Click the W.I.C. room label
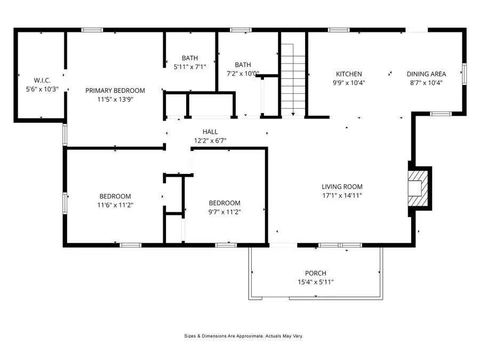(x=42, y=81)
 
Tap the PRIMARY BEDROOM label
(x=115, y=91)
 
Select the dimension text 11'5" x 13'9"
(x=115, y=99)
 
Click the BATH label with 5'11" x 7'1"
(x=189, y=58)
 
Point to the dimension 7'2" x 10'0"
(x=243, y=74)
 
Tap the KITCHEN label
(x=349, y=74)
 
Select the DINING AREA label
(x=426, y=74)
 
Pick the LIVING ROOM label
(x=342, y=187)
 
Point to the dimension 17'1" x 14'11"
(x=342, y=195)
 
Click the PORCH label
(x=316, y=274)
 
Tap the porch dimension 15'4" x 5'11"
(x=316, y=282)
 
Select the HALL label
(x=210, y=132)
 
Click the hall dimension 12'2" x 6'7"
(x=210, y=141)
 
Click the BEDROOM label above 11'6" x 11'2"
(x=115, y=196)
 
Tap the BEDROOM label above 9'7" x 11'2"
(x=224, y=203)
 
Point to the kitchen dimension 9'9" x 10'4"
(x=349, y=83)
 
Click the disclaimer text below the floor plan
(x=244, y=336)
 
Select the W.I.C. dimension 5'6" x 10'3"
(x=42, y=89)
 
